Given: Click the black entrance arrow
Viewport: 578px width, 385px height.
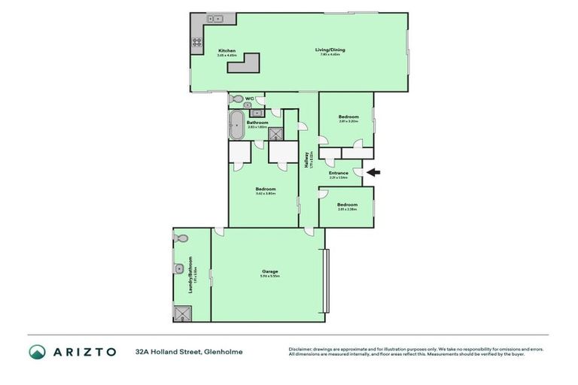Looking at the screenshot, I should click(374, 172).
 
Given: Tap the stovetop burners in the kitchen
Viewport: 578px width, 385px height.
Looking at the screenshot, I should click(196, 42).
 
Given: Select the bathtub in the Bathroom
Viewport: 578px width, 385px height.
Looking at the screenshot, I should click(236, 123).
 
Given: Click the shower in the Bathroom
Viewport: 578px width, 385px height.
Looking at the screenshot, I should click(277, 134).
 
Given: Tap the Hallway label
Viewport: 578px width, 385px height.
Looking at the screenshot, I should click(307, 161).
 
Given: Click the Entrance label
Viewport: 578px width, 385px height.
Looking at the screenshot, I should click(338, 173).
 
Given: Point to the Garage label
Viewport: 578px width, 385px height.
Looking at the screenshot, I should click(269, 271).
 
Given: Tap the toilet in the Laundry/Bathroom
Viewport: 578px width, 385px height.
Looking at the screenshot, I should click(179, 238).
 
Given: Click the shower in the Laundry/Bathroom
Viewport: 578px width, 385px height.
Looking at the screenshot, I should click(182, 313).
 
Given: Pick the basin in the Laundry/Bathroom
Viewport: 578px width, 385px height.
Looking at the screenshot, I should click(178, 268).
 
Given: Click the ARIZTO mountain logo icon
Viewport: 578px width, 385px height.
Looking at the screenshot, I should click(37, 351).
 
